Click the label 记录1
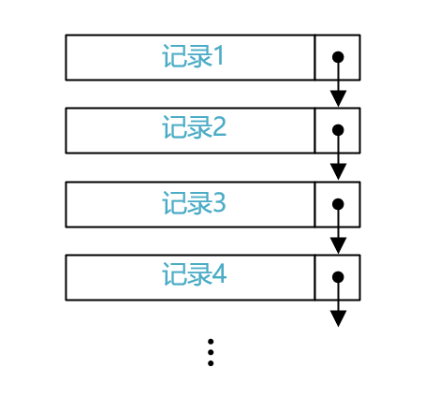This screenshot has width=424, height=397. (x=193, y=56)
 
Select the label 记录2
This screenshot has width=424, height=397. (x=194, y=127)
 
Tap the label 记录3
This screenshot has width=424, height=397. (x=194, y=203)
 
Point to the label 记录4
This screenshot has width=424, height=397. (x=194, y=273)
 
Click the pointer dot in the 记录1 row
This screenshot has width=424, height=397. (x=338, y=57)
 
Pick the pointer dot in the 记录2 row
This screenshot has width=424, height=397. (x=338, y=130)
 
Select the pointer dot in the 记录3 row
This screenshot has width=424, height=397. (x=338, y=204)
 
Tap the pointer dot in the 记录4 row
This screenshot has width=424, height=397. (x=338, y=277)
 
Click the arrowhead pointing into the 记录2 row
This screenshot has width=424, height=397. (x=338, y=98)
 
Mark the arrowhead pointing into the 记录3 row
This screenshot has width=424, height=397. (x=338, y=171)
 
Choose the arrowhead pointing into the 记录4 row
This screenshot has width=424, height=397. (x=338, y=245)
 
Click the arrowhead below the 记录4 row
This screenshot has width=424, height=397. (x=338, y=318)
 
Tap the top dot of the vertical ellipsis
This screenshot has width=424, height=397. (x=211, y=342)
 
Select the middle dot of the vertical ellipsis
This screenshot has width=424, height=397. (x=211, y=352)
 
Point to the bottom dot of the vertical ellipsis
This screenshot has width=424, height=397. (x=211, y=363)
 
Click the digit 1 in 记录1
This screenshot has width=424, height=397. (x=219, y=56)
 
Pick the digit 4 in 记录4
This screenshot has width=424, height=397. (x=220, y=273)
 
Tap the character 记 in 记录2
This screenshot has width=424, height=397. (x=174, y=127)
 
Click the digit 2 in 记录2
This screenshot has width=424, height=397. (x=220, y=127)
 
